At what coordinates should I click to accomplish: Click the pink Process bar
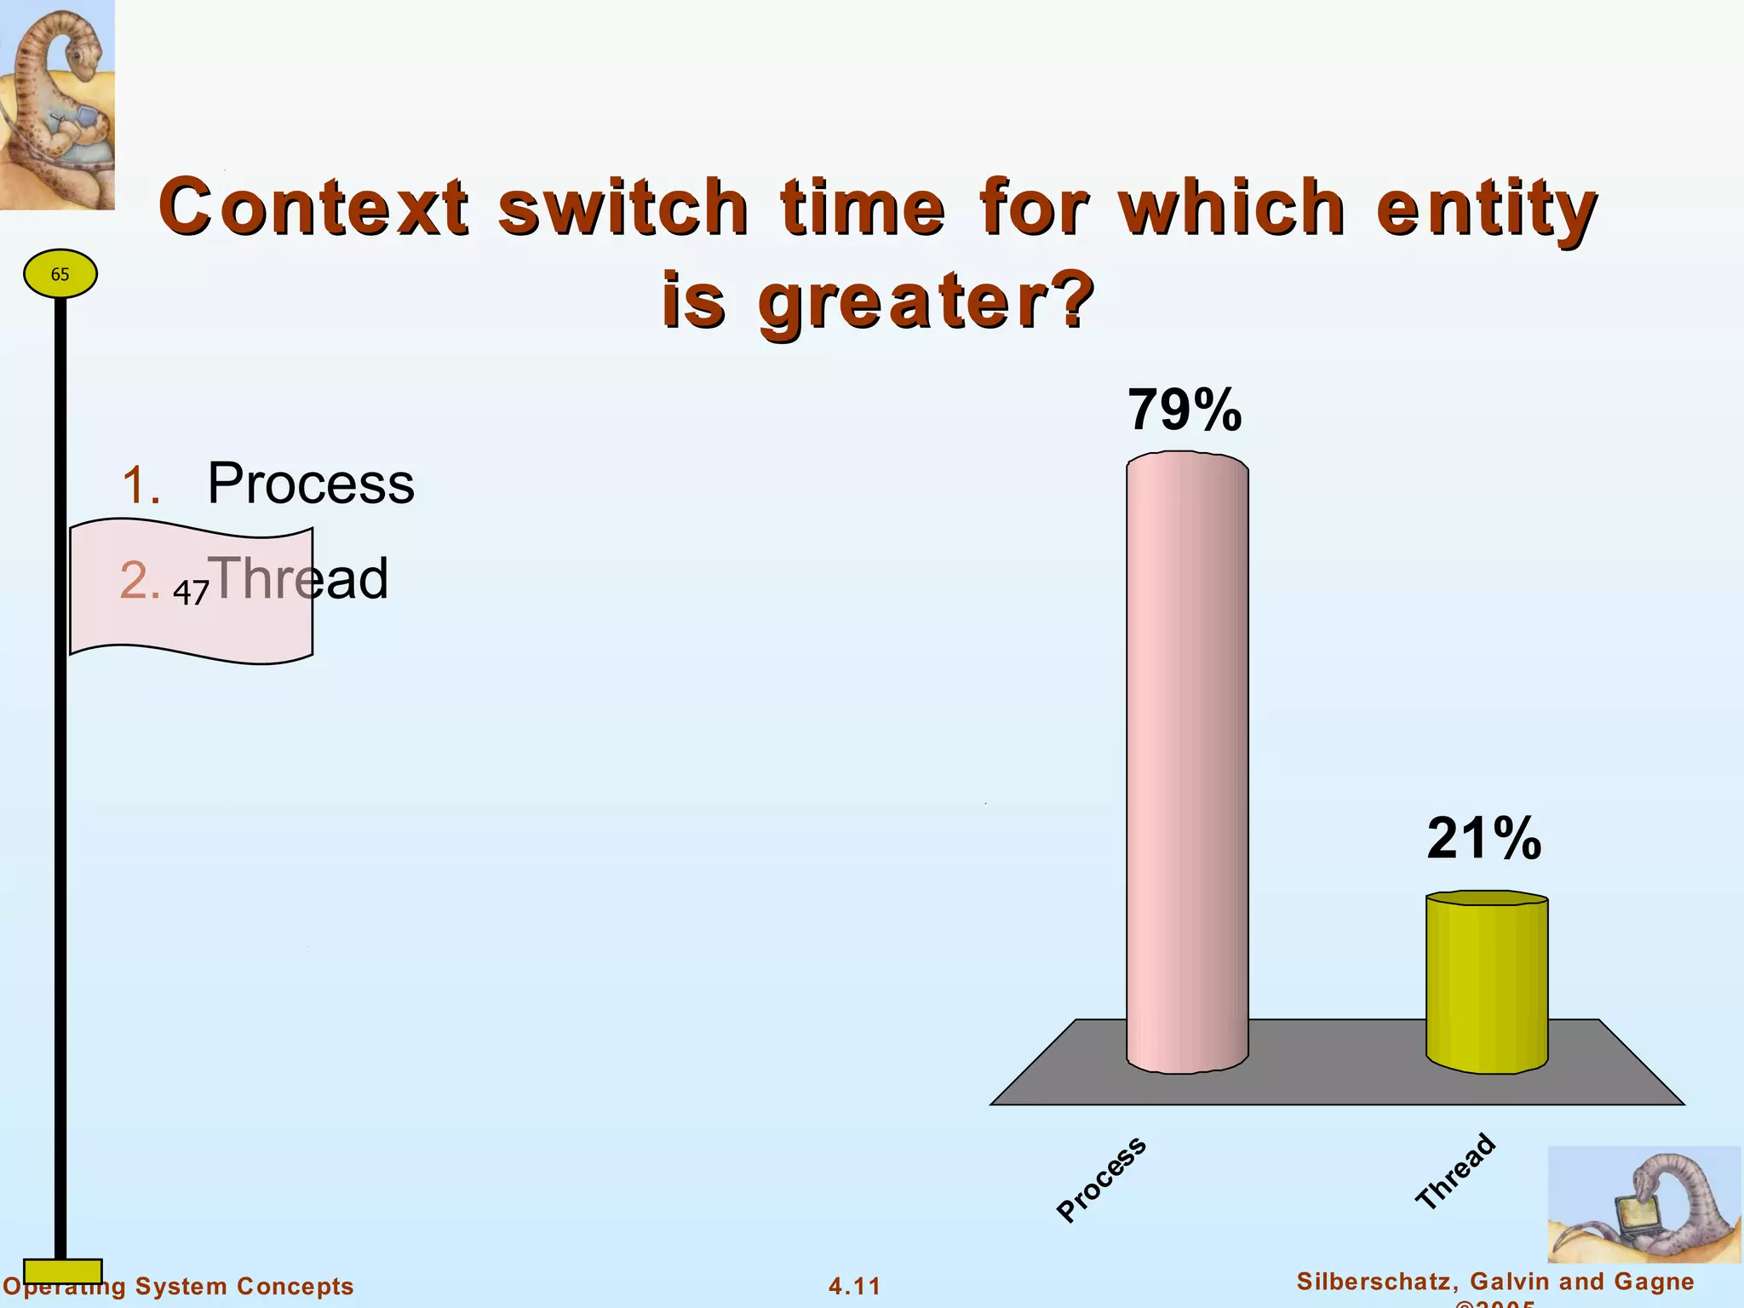click(x=1187, y=766)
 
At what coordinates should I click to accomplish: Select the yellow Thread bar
click(x=1487, y=984)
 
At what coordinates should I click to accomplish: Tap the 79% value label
click(x=1185, y=410)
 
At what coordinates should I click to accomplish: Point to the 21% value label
click(x=1484, y=839)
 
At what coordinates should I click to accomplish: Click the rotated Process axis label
click(x=1101, y=1179)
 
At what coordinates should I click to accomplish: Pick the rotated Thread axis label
click(x=1455, y=1171)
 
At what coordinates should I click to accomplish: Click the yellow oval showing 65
click(x=60, y=274)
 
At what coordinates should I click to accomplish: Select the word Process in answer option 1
click(x=311, y=484)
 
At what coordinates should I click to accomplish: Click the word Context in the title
click(x=313, y=207)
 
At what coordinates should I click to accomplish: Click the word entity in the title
click(x=1486, y=207)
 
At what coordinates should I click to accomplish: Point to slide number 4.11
click(x=854, y=1286)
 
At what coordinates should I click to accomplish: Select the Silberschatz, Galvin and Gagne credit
click(x=1494, y=1282)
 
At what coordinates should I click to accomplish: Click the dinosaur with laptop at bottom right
click(x=1644, y=1204)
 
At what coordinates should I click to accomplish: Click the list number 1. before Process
click(x=141, y=485)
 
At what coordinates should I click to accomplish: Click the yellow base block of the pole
click(x=62, y=1271)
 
